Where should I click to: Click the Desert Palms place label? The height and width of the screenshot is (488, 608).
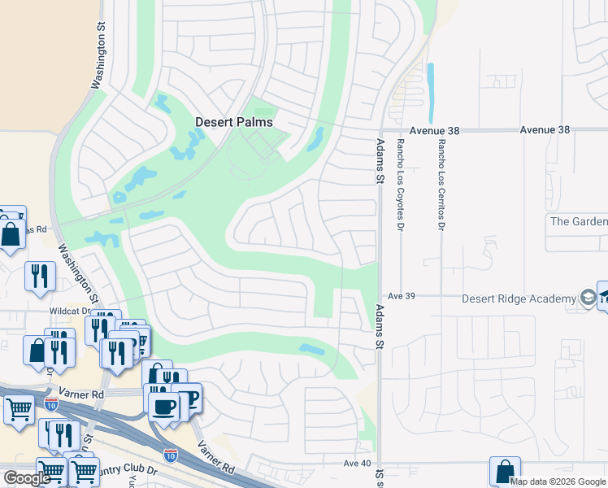[x=234, y=122]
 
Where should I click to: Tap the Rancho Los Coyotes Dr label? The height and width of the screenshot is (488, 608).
[x=401, y=185]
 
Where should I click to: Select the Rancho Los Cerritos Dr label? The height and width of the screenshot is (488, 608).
[x=441, y=181]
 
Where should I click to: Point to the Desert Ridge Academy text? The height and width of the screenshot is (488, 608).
[x=519, y=298]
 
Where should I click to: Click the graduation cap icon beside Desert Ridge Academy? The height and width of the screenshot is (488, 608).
[x=587, y=298]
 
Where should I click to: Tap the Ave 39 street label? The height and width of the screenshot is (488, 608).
[x=402, y=296]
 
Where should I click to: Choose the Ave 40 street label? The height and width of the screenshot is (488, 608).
[x=357, y=463]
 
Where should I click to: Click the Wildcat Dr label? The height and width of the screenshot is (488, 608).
[x=69, y=311]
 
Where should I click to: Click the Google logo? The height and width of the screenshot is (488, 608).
[x=27, y=478]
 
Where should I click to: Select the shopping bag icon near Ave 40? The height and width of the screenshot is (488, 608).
[x=505, y=471]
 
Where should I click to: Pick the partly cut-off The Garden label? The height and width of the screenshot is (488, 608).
[x=578, y=221]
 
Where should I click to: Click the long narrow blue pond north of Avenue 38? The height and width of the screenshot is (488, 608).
[x=430, y=93]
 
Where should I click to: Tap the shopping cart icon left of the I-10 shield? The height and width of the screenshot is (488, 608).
[x=19, y=409]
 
